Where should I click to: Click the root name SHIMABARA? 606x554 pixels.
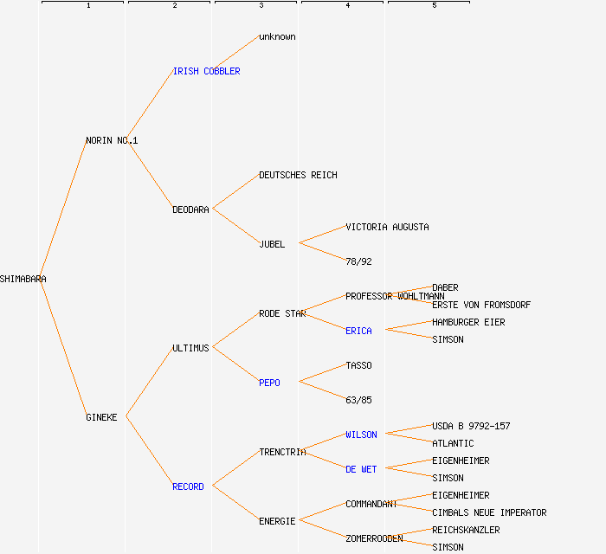point(23,279)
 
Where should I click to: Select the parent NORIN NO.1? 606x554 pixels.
point(112,140)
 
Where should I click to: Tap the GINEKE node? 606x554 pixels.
point(101,417)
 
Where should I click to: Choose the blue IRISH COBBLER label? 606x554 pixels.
point(206,71)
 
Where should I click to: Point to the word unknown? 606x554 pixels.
point(277,36)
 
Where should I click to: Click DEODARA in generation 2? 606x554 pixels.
point(190,209)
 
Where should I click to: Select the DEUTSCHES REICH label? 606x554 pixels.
point(298,175)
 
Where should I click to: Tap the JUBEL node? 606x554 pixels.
point(272,244)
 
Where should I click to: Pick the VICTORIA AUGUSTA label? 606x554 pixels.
point(387,227)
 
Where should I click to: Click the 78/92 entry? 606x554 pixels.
point(358,261)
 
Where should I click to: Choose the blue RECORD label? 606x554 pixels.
point(188,486)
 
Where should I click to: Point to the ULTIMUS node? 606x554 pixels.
point(190,348)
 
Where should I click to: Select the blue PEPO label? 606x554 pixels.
point(269,383)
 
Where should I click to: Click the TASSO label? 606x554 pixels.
point(358,365)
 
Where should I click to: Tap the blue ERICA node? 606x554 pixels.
point(358,331)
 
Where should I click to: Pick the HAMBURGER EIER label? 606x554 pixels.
point(468,322)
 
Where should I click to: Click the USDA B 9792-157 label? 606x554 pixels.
point(471,426)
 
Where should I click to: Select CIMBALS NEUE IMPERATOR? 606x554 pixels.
point(489,512)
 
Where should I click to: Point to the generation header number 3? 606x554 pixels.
point(261,6)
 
